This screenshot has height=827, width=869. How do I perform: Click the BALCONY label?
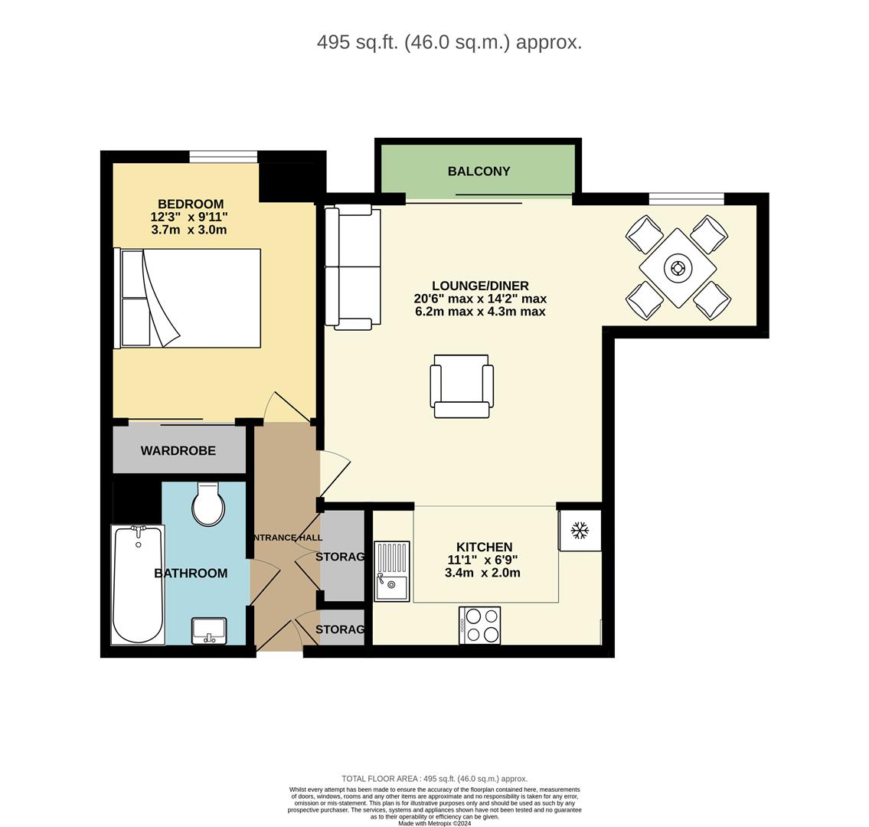point(479,172)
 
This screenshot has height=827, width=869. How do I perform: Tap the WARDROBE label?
point(178,451)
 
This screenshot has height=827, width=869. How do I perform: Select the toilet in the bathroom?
point(207,505)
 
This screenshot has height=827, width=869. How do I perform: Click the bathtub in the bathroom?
point(138,583)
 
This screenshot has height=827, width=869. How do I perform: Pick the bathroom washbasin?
point(209,631)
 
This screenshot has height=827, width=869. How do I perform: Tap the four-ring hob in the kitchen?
point(480,625)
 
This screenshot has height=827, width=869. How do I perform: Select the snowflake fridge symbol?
point(580,530)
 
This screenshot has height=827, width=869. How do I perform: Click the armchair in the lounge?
point(461,386)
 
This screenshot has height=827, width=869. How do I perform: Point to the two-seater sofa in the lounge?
point(352,266)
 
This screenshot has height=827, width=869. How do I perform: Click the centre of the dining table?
point(678,268)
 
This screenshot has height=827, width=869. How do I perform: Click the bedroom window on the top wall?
point(223,157)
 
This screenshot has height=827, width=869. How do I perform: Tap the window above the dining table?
point(686,199)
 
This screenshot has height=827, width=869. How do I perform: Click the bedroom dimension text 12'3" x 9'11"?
point(189,217)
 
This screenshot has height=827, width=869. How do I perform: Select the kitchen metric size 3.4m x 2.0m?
point(482,573)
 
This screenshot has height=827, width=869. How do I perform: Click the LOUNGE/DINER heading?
point(480,286)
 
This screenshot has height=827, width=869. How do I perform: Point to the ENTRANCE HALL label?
point(286,538)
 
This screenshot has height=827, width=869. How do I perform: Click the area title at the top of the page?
point(449,42)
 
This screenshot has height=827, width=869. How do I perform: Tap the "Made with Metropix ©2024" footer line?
point(434,823)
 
